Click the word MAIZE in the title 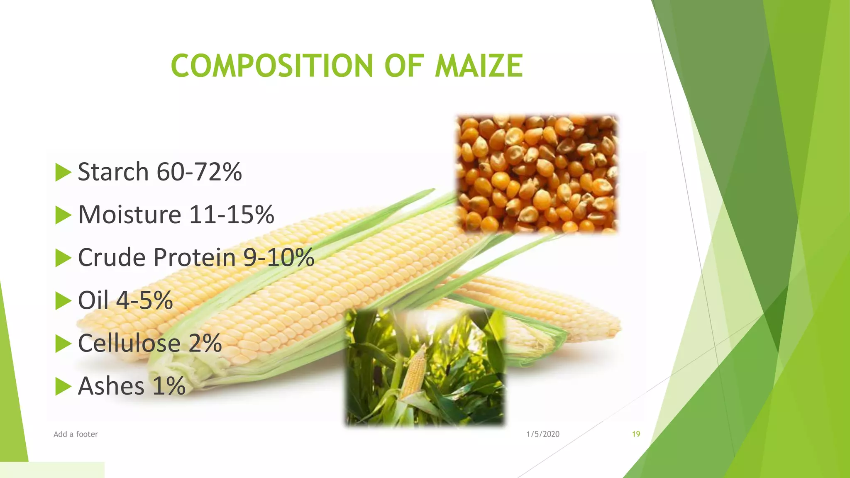click(x=479, y=66)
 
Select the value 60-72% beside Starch click(x=199, y=172)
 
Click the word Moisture click(x=129, y=215)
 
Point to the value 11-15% click(x=232, y=215)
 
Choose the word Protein click(x=195, y=257)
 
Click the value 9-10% click(x=278, y=257)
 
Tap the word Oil click(x=93, y=300)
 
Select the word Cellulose click(x=129, y=343)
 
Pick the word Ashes click(x=111, y=386)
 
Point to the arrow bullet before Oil click(x=63, y=301)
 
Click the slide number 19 click(x=636, y=434)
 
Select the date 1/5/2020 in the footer click(x=543, y=434)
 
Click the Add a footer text click(x=76, y=434)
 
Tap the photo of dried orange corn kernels click(x=537, y=173)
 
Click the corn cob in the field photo click(x=413, y=373)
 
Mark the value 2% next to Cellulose click(x=205, y=343)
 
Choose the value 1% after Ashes click(x=169, y=386)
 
